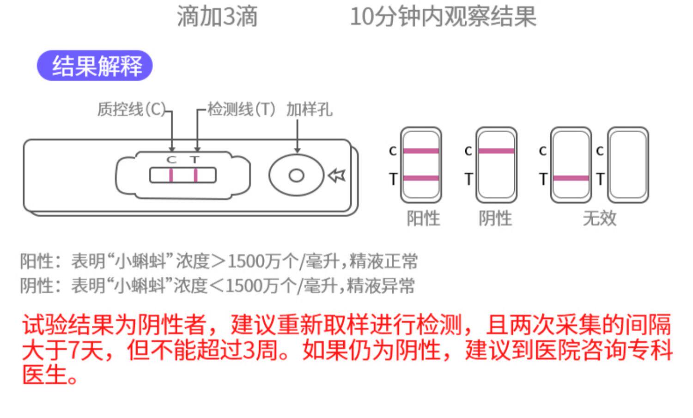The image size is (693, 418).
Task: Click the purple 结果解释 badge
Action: [x=95, y=66]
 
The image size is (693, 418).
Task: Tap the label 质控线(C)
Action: [x=131, y=109]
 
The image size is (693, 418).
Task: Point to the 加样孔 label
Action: [x=309, y=109]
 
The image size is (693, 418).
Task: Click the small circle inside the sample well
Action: [x=296, y=176]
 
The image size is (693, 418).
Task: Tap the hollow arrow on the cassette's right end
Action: [x=337, y=176]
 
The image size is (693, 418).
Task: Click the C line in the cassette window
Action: [x=171, y=176]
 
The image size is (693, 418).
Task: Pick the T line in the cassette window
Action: [x=196, y=176]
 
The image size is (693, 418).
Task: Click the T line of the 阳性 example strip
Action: [x=421, y=178]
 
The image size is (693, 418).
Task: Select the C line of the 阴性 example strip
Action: [x=496, y=151]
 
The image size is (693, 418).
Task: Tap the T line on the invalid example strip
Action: [x=571, y=178]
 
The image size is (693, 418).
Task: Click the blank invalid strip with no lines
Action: [x=628, y=165]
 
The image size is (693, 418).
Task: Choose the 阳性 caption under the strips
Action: [x=423, y=218]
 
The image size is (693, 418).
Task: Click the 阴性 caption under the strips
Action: [x=495, y=218]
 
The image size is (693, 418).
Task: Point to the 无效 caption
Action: [x=600, y=218]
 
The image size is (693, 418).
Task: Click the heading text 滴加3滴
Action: [x=217, y=17]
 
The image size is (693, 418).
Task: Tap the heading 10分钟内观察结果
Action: [x=443, y=17]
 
